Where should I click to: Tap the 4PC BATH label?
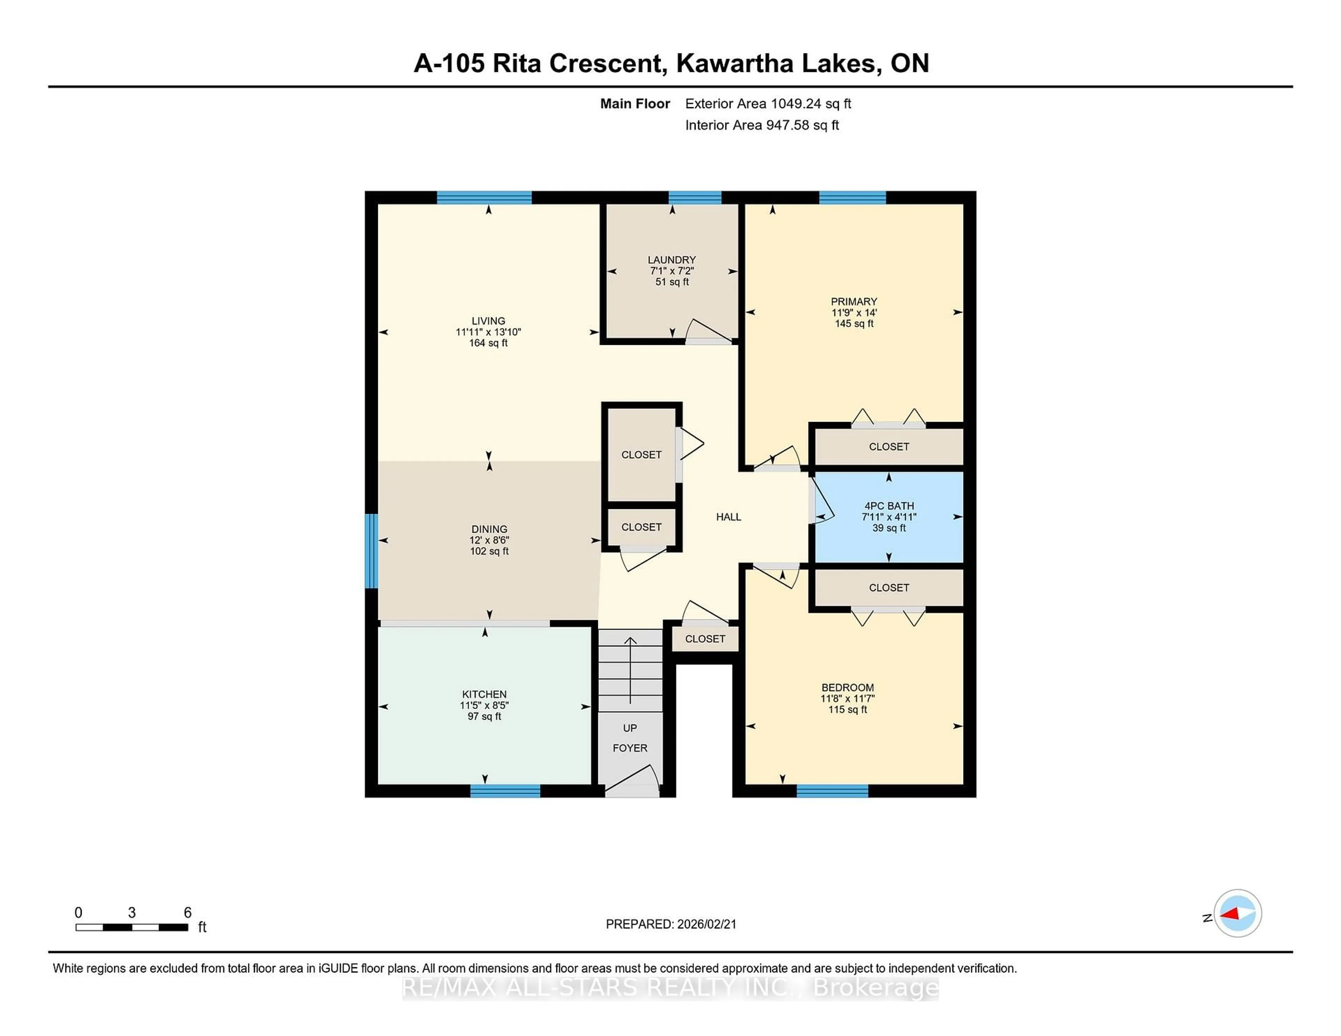(888, 506)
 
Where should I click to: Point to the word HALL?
(728, 517)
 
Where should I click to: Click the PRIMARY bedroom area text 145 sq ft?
(853, 324)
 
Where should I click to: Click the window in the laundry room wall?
(695, 197)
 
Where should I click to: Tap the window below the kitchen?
(505, 791)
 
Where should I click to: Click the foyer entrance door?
(632, 783)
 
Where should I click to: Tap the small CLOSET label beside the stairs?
(704, 639)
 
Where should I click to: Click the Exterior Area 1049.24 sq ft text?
(768, 104)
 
